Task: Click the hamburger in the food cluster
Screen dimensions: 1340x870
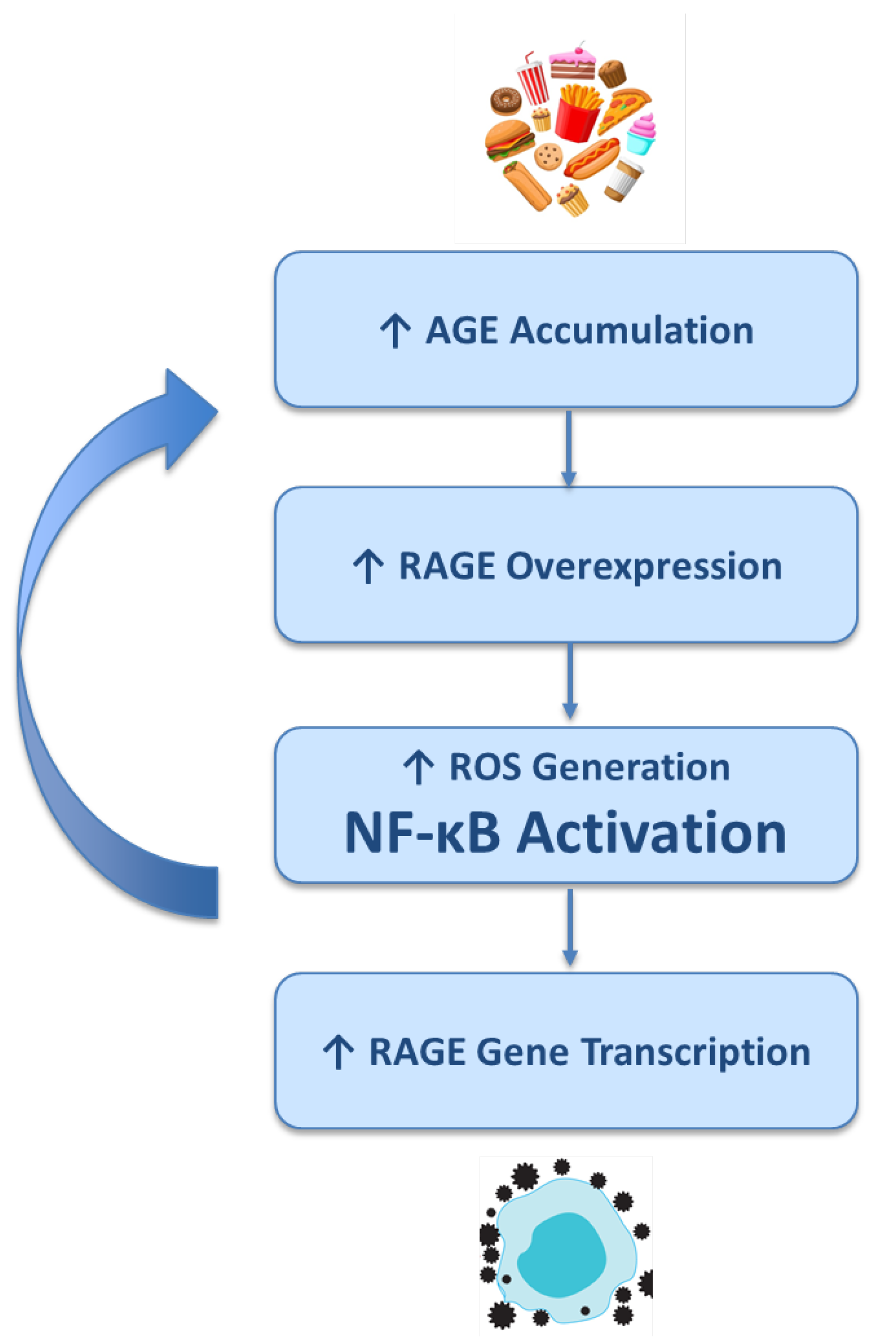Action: (508, 139)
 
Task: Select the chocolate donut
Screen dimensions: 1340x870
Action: (505, 100)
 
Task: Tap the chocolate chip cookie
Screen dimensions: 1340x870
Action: (547, 156)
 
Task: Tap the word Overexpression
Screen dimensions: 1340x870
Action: (643, 566)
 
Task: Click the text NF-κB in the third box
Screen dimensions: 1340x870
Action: (422, 833)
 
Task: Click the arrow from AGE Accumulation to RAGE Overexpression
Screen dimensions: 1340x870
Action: (569, 448)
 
